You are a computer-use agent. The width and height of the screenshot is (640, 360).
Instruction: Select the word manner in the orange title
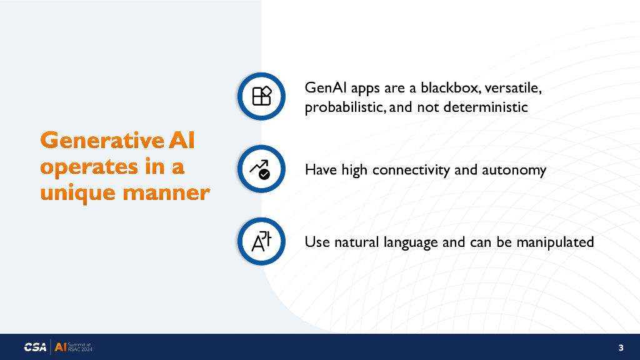166,192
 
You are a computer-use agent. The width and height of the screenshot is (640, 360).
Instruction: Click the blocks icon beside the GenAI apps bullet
262,96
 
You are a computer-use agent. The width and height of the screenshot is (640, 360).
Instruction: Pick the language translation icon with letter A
261,241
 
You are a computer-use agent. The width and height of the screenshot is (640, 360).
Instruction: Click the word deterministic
485,107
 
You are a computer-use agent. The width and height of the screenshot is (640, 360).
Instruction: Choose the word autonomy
514,170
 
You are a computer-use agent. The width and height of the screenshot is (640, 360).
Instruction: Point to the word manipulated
555,242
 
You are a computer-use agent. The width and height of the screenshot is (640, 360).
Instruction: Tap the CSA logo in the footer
35,347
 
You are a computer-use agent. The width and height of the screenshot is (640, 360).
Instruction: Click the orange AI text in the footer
61,347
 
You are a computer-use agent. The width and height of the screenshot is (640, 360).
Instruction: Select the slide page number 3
621,347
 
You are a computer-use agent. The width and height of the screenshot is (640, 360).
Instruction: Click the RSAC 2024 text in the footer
80,349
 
